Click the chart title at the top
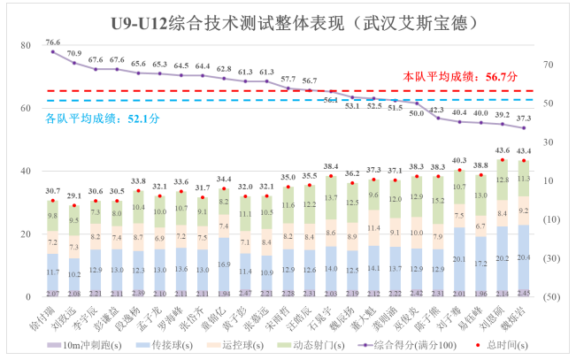tap(288, 20)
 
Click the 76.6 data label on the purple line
tap(53, 42)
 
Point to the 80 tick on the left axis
tap(25, 45)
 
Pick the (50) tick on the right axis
tap(550, 296)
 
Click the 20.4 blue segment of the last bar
tap(525, 257)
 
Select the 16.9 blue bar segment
tap(224, 263)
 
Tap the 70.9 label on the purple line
tap(73, 53)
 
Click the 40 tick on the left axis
tap(25, 172)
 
